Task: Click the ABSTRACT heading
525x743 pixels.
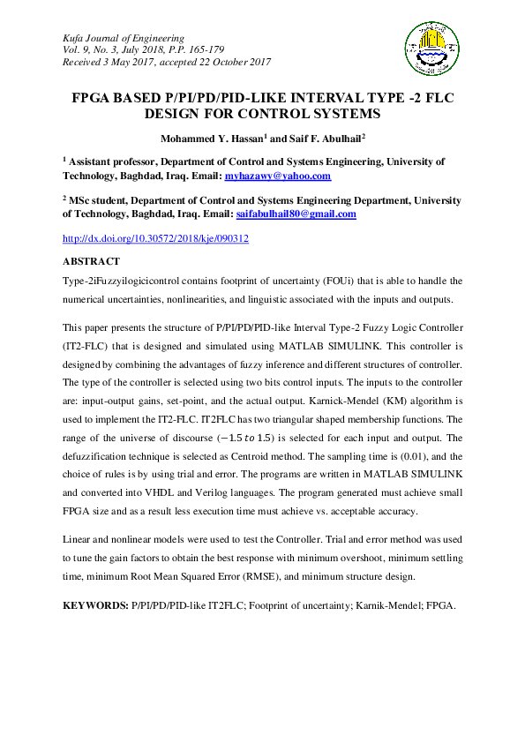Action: coord(91,262)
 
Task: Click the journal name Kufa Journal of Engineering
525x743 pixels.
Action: coord(124,39)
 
